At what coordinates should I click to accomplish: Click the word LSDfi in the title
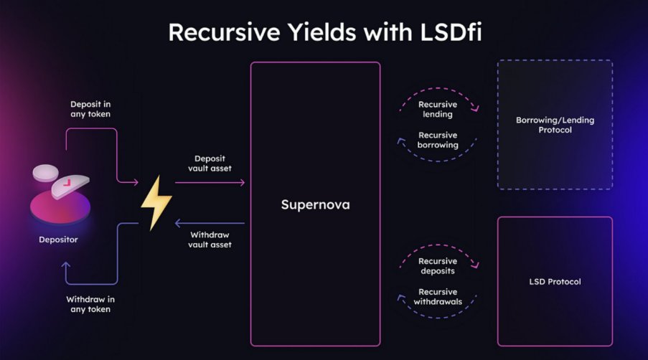click(451, 32)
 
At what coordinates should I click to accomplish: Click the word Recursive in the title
click(225, 32)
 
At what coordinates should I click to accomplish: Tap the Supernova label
click(315, 204)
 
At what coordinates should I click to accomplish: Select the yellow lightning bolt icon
click(156, 202)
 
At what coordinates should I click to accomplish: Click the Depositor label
click(58, 240)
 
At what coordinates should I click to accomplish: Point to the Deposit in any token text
click(90, 109)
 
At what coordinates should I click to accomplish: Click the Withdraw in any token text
click(90, 304)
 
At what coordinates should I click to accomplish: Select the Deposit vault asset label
click(210, 164)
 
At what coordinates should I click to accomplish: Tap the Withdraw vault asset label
click(210, 240)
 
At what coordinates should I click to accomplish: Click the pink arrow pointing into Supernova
click(210, 182)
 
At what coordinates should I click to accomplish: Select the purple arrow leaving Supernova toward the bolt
click(210, 223)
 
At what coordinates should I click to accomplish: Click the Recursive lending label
click(438, 110)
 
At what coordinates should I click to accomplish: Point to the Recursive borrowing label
click(438, 140)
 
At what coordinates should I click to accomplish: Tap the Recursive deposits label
click(438, 266)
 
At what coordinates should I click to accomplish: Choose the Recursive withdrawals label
click(438, 296)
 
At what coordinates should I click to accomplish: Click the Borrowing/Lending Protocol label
click(555, 125)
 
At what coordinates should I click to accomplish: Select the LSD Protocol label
click(555, 282)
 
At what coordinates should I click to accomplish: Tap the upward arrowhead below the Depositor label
click(66, 265)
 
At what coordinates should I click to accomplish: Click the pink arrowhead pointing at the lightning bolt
click(135, 181)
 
